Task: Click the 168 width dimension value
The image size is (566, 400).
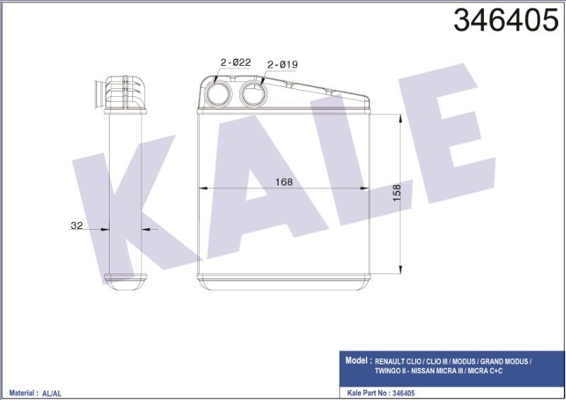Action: click(x=284, y=182)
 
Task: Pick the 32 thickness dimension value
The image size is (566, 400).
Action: click(x=77, y=226)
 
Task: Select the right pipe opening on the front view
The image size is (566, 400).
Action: click(x=252, y=92)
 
